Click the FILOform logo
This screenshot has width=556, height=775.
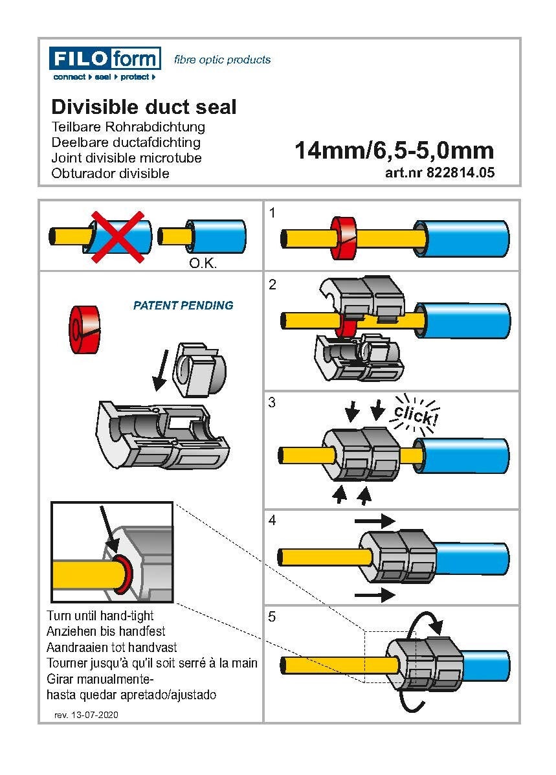104,63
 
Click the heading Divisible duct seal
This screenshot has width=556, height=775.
144,107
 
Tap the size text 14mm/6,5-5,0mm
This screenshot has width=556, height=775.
394,151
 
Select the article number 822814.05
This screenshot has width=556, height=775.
439,173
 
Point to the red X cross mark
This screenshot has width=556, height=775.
118,236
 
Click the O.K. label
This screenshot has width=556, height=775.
202,264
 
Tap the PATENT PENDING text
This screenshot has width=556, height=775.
183,306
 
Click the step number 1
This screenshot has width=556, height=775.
272,212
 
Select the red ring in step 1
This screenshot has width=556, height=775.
345,238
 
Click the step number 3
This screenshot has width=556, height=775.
272,403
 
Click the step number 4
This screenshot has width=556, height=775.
272,521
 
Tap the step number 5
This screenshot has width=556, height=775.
272,617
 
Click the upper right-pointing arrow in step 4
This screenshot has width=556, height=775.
374,520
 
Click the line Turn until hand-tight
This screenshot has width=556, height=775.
100,615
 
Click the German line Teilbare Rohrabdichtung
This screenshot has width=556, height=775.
128,126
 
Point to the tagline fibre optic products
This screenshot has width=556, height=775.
222,60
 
